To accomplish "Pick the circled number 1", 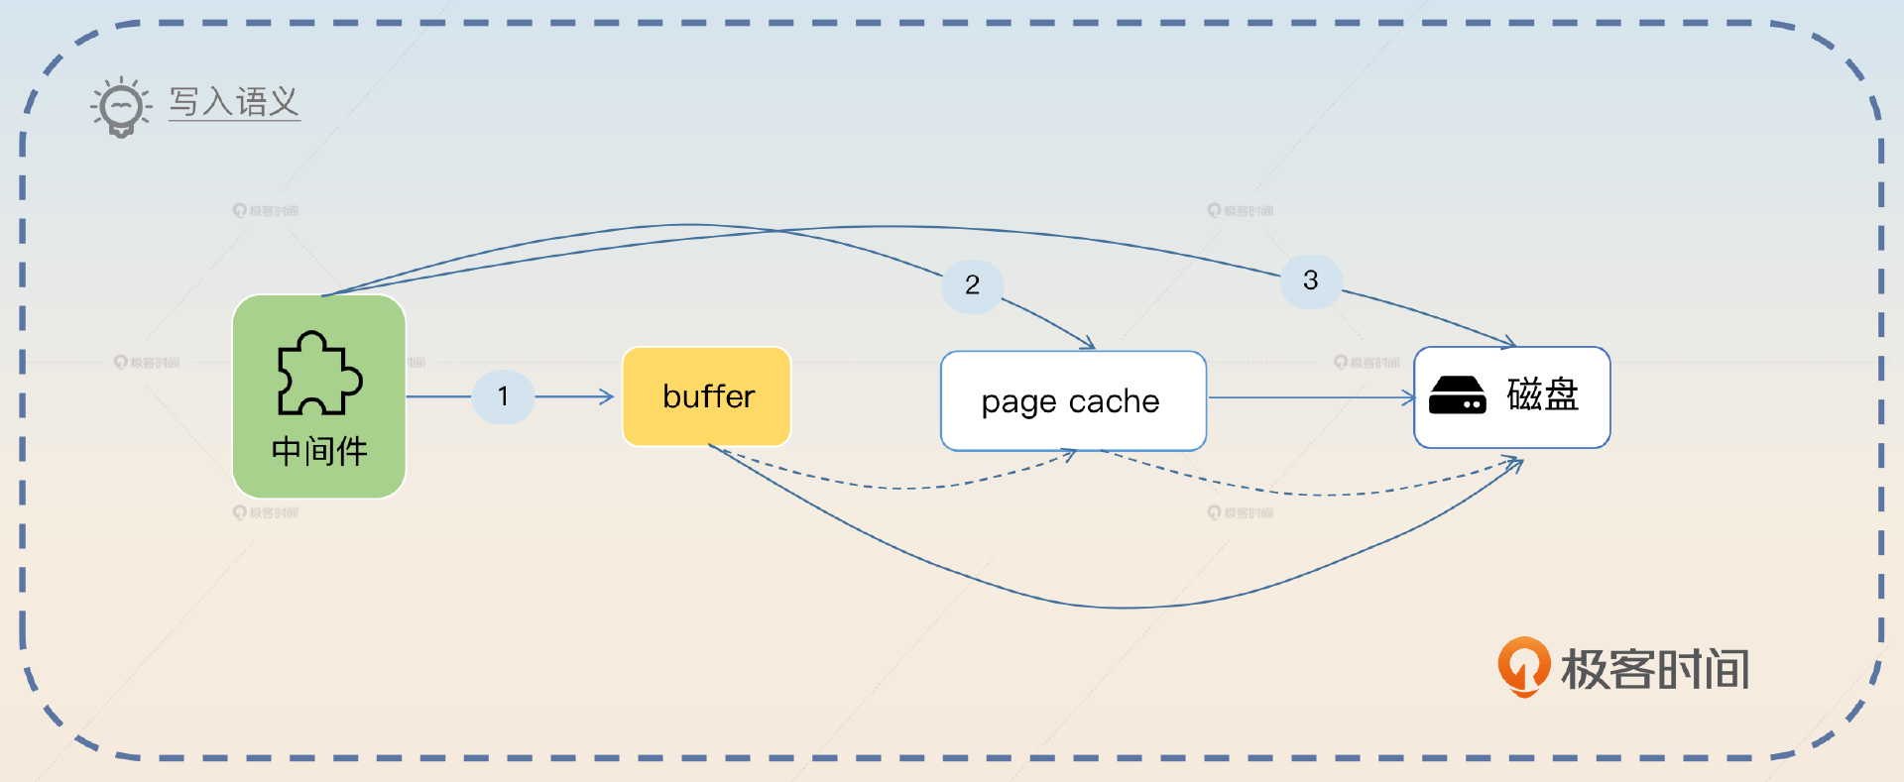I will [503, 396].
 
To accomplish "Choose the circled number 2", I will [972, 285].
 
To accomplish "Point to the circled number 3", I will [1310, 280].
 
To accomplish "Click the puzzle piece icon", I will [318, 373].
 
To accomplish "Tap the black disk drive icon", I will [1457, 395].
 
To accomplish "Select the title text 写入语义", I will [234, 101].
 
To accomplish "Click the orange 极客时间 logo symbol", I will [1523, 666].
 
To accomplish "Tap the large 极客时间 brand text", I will [1655, 669].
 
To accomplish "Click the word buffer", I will [708, 396].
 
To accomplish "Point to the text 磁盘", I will [1542, 394].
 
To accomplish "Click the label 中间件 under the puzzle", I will [319, 452].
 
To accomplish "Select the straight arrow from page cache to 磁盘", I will [1309, 397].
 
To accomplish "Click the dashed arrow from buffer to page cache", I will [892, 487].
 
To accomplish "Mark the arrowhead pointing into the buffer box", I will [607, 397].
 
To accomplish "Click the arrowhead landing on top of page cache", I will [1089, 344].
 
